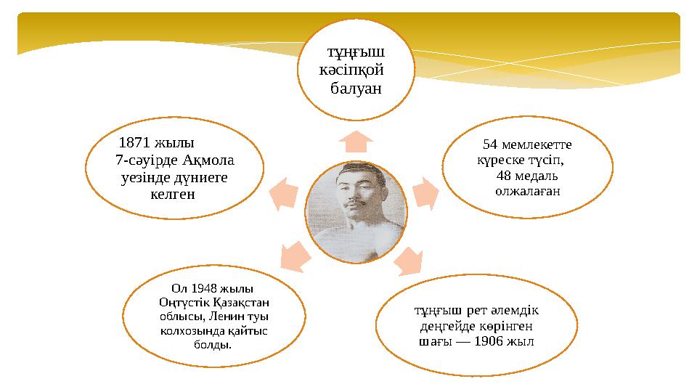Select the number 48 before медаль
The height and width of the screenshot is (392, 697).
(x=505, y=176)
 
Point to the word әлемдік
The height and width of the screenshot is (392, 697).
(x=516, y=310)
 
